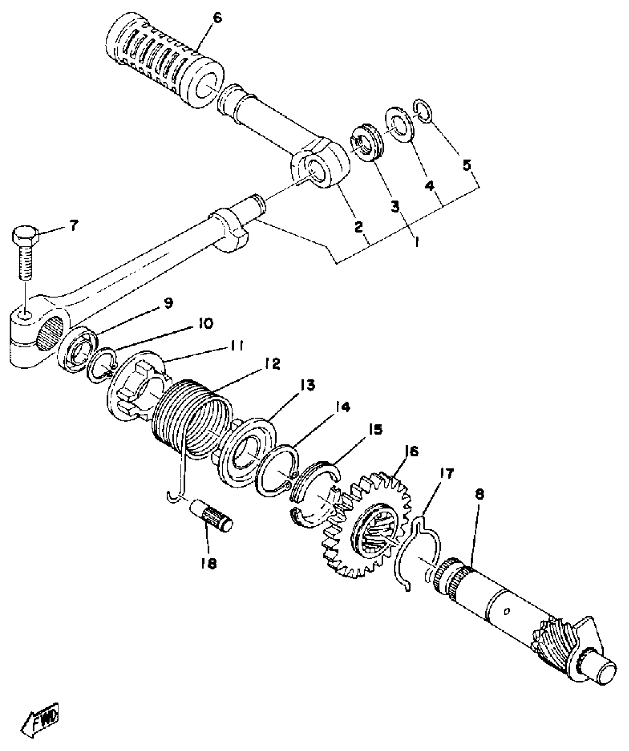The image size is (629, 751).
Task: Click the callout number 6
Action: tap(217, 17)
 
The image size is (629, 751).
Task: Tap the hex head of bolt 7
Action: tap(25, 237)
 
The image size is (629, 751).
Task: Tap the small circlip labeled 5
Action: tap(423, 111)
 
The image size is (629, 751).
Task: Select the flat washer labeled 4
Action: tap(400, 125)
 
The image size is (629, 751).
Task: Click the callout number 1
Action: tap(416, 242)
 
